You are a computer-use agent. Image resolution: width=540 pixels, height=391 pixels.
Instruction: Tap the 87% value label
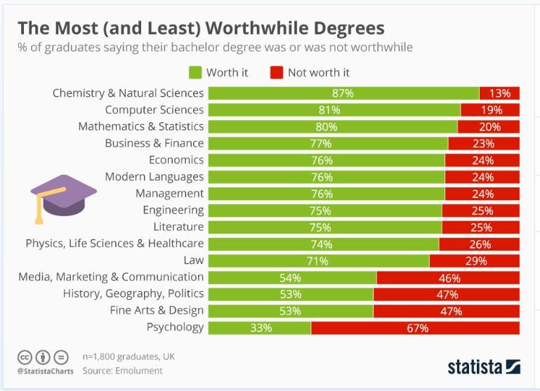(x=343, y=93)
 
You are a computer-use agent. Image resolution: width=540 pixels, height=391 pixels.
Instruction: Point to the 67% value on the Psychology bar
(x=415, y=328)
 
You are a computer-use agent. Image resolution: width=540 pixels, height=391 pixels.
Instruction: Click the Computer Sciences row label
(x=154, y=110)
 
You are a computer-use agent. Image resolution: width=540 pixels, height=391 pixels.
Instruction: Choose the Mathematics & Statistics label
(x=141, y=126)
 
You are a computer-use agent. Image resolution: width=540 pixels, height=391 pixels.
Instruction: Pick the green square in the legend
(x=195, y=72)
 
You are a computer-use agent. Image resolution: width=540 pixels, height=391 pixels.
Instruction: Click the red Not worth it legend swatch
(x=276, y=72)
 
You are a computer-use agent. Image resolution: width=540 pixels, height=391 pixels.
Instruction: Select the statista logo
(x=484, y=366)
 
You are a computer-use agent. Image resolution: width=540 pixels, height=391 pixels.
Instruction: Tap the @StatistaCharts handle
(x=45, y=370)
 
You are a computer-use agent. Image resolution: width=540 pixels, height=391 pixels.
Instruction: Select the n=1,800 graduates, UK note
(x=129, y=357)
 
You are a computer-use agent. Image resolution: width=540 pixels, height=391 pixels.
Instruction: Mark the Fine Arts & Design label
(x=157, y=310)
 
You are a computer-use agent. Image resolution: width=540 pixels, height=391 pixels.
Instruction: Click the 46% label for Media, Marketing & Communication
(x=448, y=277)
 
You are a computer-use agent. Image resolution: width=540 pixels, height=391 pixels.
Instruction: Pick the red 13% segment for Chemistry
(x=499, y=93)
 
